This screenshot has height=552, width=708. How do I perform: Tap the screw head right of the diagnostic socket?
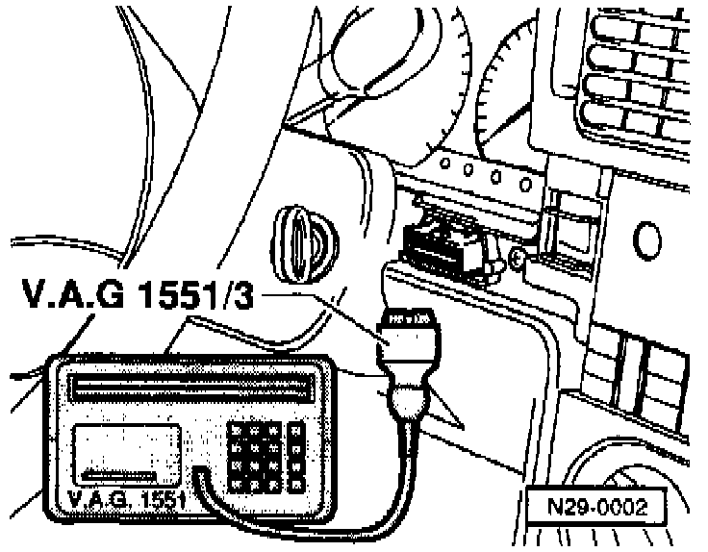pos(517,257)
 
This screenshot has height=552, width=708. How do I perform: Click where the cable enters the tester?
pos(200,473)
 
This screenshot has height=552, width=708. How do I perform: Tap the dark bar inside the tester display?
pos(120,475)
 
